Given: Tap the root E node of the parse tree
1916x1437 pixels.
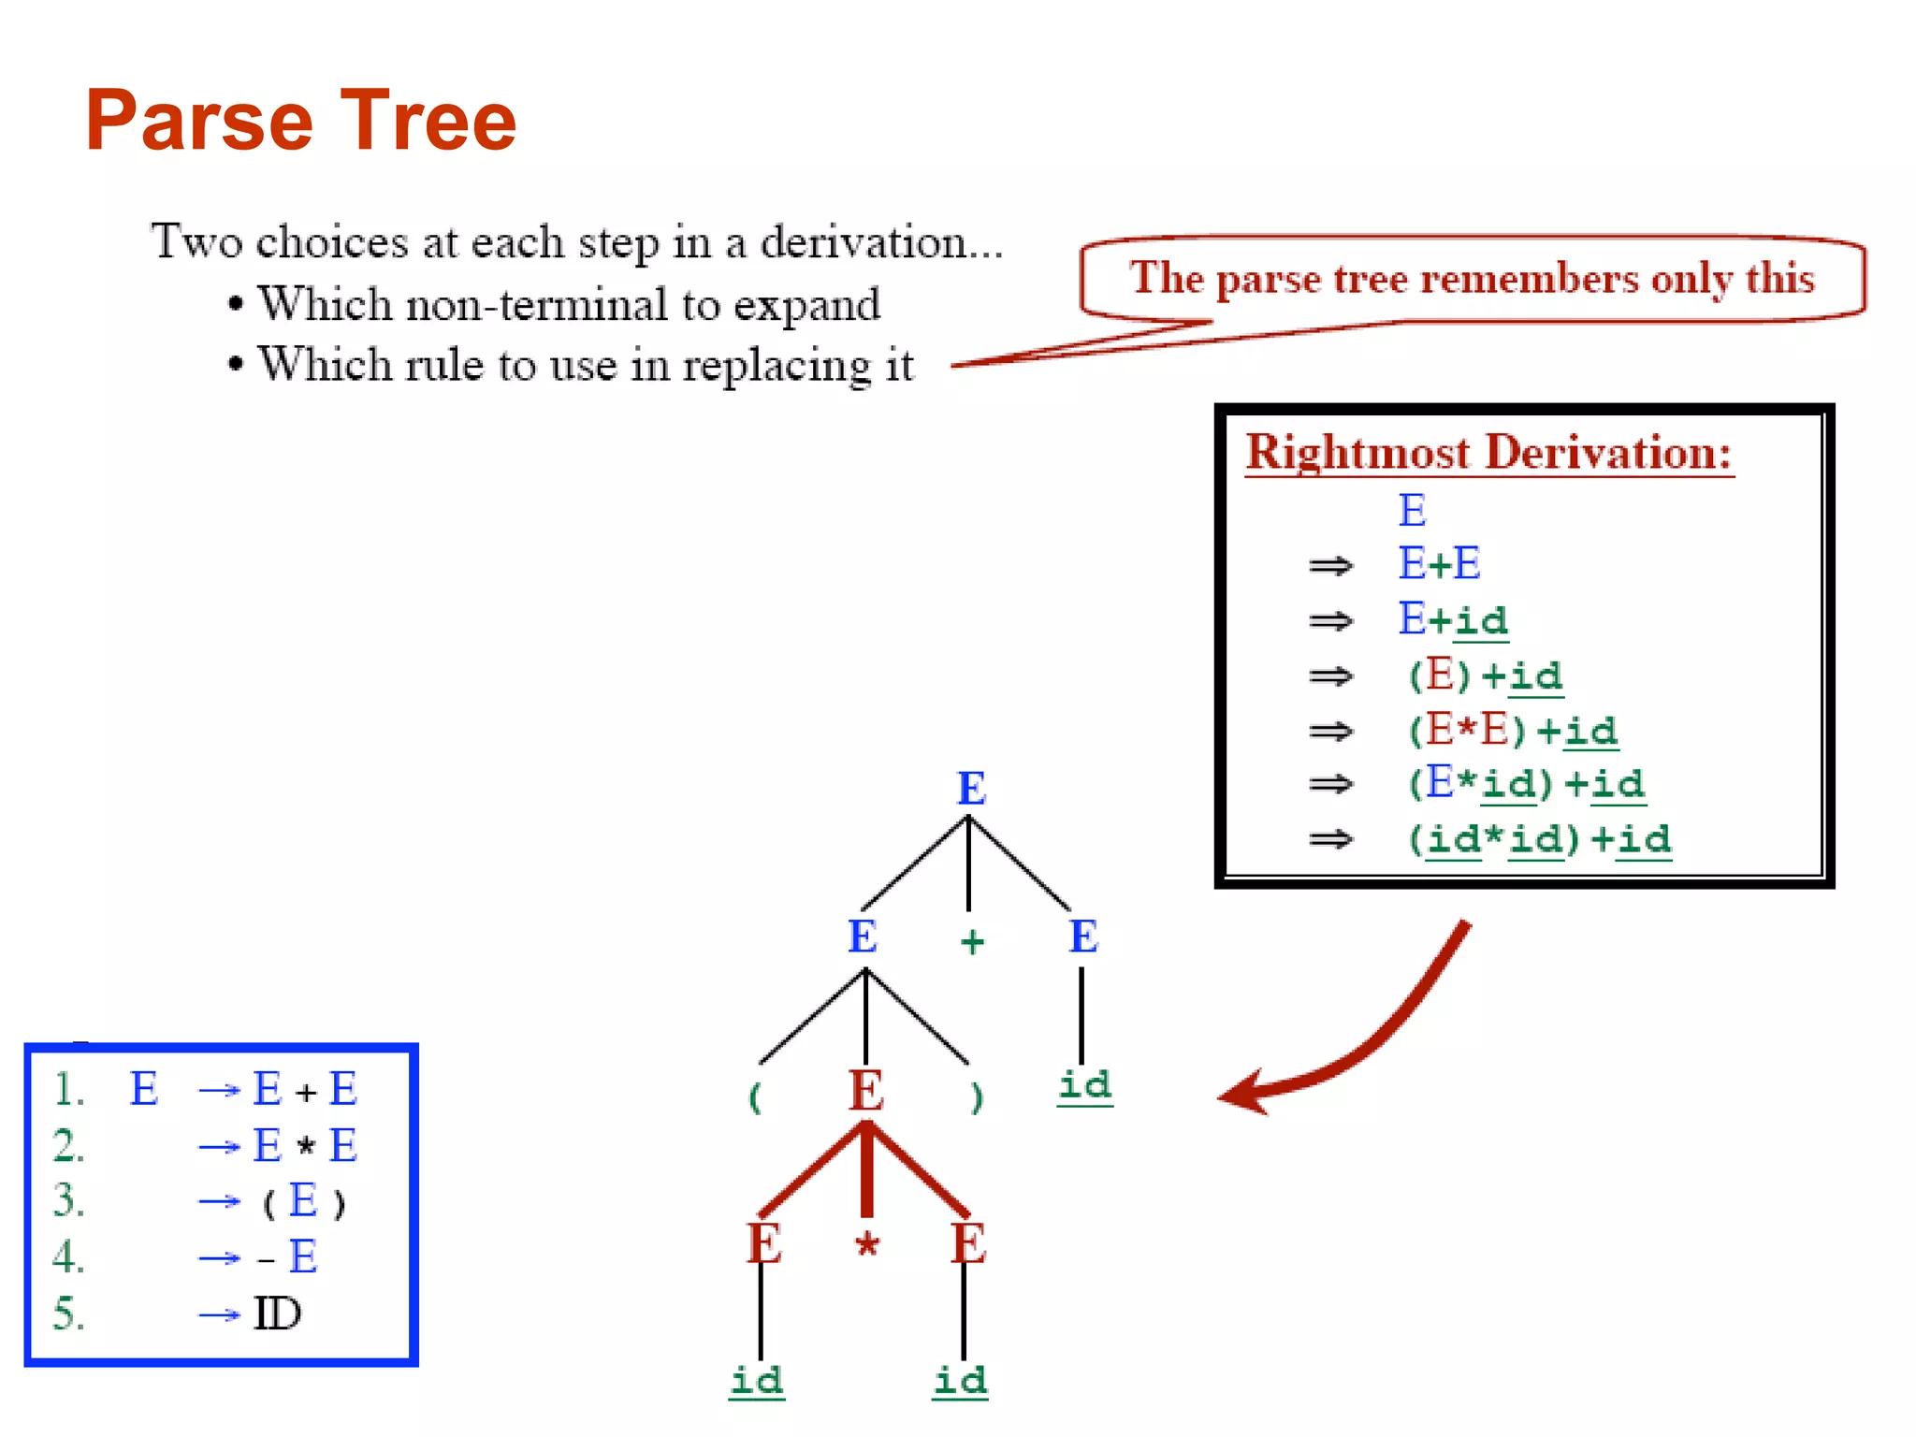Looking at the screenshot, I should [971, 788].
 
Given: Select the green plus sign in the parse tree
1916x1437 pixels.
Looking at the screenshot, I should [972, 940].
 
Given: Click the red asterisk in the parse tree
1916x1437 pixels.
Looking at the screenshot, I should [867, 1245].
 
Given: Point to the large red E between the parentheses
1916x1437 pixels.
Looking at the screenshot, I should [866, 1091].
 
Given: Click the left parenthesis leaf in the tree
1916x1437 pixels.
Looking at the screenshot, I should [755, 1096].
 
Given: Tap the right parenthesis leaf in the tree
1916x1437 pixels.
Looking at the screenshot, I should [977, 1096].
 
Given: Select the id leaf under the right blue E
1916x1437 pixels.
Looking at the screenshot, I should [1085, 1085].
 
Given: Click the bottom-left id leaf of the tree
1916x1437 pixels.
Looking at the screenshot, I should [757, 1380].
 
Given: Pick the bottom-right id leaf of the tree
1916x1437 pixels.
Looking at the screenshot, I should [961, 1380].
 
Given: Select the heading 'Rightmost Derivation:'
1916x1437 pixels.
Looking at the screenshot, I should [1488, 452].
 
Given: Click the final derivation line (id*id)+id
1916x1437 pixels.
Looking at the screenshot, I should [1539, 838].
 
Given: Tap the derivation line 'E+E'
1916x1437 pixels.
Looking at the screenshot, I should [1439, 564].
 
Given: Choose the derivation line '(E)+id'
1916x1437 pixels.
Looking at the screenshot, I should [1485, 675].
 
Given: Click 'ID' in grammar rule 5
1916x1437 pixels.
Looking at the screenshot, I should [278, 1314].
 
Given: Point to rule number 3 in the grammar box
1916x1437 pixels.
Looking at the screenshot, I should [68, 1200].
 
